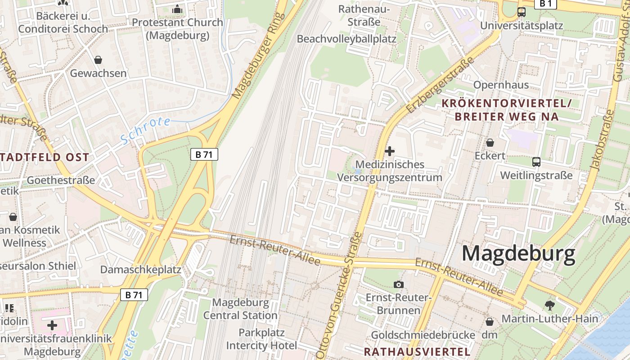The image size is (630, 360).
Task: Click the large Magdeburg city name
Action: (x=518, y=254)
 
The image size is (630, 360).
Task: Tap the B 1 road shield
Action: (x=545, y=4)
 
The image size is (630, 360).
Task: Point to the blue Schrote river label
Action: (x=145, y=130)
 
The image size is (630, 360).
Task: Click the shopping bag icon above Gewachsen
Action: (x=98, y=59)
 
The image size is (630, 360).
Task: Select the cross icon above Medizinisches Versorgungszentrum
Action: (x=390, y=151)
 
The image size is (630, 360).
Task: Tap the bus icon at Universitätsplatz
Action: (x=522, y=12)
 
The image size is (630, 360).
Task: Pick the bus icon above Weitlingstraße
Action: (x=536, y=162)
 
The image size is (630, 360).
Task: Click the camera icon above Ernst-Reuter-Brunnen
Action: (x=398, y=284)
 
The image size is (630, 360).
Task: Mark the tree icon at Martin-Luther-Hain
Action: (x=549, y=306)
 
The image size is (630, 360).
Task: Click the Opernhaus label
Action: (x=501, y=85)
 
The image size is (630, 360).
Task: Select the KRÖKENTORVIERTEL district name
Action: (x=506, y=103)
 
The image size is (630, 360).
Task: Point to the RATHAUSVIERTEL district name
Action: (x=417, y=351)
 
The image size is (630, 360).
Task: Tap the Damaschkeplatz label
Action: (x=140, y=270)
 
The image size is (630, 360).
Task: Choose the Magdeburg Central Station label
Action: (x=240, y=309)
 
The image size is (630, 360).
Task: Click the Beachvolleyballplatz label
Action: (x=346, y=39)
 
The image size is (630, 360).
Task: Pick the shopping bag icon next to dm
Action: (x=490, y=322)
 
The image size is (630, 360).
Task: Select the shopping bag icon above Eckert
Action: (x=490, y=143)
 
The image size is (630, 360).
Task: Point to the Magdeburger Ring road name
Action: (x=259, y=56)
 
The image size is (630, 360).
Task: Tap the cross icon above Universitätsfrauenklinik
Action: (x=52, y=325)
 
